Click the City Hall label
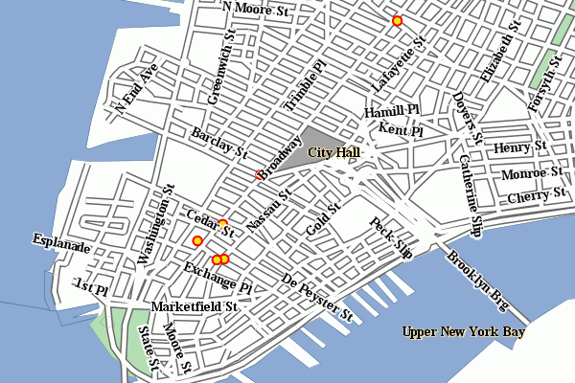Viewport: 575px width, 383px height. point(333,152)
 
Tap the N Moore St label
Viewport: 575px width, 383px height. point(255,9)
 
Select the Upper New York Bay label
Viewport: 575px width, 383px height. point(464,332)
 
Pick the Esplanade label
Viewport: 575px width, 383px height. point(60,244)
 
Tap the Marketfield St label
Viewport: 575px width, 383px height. point(195,307)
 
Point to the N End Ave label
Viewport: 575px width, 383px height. point(136,89)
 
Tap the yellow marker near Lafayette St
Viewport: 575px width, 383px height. point(397,20)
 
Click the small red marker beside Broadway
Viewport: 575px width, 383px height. point(258,173)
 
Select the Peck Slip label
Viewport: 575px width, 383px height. point(391,238)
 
